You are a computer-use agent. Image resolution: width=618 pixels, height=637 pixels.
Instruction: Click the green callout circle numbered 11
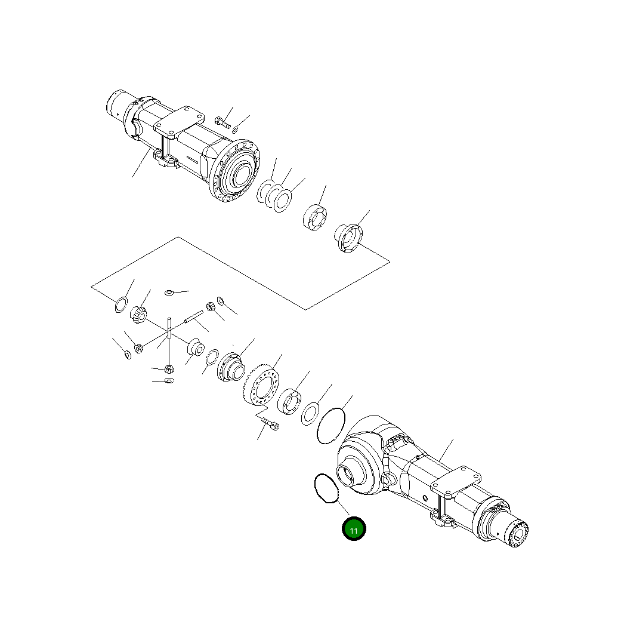[x=354, y=529]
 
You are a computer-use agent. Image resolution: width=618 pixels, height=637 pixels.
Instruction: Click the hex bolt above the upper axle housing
[x=222, y=122]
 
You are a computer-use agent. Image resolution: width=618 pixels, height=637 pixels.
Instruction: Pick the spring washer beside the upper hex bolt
[x=235, y=130]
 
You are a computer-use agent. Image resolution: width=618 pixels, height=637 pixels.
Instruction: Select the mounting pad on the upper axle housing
[x=178, y=122]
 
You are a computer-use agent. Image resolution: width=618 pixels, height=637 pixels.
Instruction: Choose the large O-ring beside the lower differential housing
[x=331, y=425]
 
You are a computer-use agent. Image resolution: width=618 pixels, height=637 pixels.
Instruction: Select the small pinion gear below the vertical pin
[x=169, y=368]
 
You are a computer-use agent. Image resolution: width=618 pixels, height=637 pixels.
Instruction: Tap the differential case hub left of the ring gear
[x=230, y=366]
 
